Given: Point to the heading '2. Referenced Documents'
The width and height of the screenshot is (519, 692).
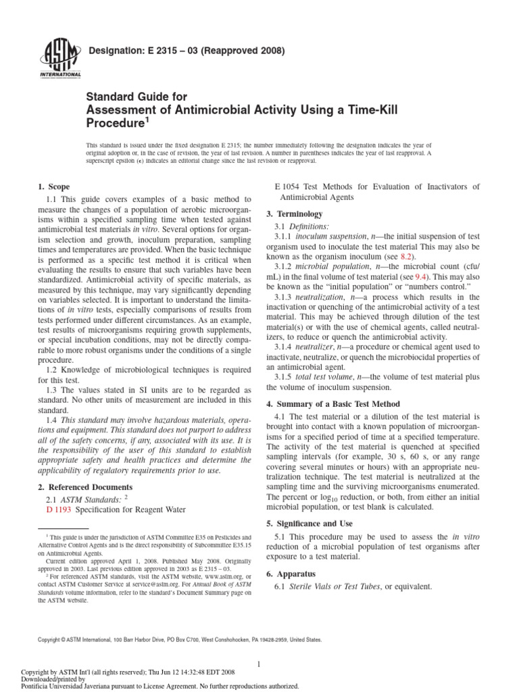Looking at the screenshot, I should tap(84, 487).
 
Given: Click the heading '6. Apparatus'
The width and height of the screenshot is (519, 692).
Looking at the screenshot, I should tap(297, 574).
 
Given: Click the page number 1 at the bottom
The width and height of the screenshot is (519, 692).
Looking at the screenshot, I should tap(259, 664).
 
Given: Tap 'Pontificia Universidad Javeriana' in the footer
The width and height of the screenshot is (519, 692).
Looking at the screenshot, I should tap(68, 685).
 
